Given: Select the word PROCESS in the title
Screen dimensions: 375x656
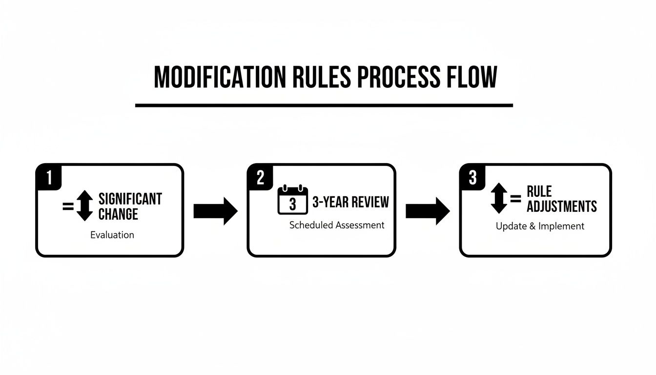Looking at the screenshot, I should pos(397,77).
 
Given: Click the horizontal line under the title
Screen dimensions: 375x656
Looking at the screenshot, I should pos(324,105).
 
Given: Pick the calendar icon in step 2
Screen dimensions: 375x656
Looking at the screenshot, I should pos(292,200).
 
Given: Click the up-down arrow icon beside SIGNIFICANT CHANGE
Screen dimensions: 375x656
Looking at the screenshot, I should pos(84,206).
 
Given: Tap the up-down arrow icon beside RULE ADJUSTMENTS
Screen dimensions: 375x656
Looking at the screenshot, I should pos(499,199).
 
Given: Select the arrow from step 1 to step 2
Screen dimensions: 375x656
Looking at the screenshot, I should pos(215,211).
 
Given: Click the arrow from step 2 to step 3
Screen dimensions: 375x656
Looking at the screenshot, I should pos(428,211).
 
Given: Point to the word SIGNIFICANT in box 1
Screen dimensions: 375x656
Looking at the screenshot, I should pos(130,199).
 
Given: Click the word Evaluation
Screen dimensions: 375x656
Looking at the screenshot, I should pos(112,235).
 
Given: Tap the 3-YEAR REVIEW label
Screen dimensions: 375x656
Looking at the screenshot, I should pos(350,202).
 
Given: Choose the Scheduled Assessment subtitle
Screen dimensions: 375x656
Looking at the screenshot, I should pos(337,225).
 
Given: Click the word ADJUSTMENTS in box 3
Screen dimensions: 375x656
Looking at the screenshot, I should pos(562,206).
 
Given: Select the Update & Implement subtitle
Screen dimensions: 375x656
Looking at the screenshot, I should pos(540,226).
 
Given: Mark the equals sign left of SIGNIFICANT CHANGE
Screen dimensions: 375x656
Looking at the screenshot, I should pos(68,207).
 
